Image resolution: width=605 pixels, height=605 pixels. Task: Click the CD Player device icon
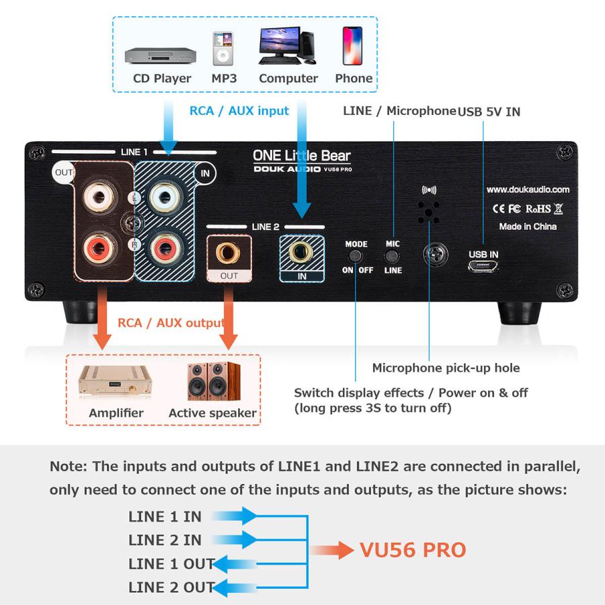click(160, 55)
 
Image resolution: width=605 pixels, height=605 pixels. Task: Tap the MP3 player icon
click(223, 48)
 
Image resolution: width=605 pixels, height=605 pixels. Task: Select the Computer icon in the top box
click(287, 46)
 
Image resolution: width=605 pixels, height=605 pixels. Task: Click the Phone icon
click(352, 46)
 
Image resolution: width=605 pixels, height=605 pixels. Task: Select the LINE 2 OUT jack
click(229, 253)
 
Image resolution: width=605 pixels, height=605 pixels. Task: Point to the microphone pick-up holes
click(429, 212)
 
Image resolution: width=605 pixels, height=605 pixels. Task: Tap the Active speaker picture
click(213, 381)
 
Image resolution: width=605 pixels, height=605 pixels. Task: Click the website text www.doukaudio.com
click(528, 190)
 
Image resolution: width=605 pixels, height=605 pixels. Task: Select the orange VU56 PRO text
click(413, 550)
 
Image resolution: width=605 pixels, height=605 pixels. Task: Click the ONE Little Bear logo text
click(301, 156)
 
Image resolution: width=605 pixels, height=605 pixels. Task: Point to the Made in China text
click(528, 227)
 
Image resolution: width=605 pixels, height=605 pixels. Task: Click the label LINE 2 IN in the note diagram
click(165, 540)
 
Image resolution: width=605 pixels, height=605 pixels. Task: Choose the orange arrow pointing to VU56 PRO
click(332, 551)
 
